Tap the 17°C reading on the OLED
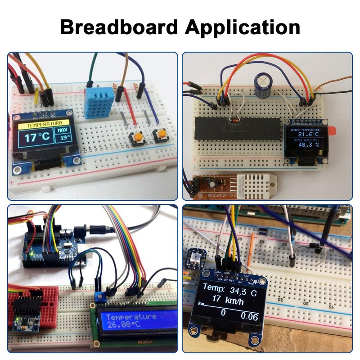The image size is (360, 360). point(37,137)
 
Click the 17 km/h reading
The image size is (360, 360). point(228,301)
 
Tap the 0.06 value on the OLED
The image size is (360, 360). point(249,316)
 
